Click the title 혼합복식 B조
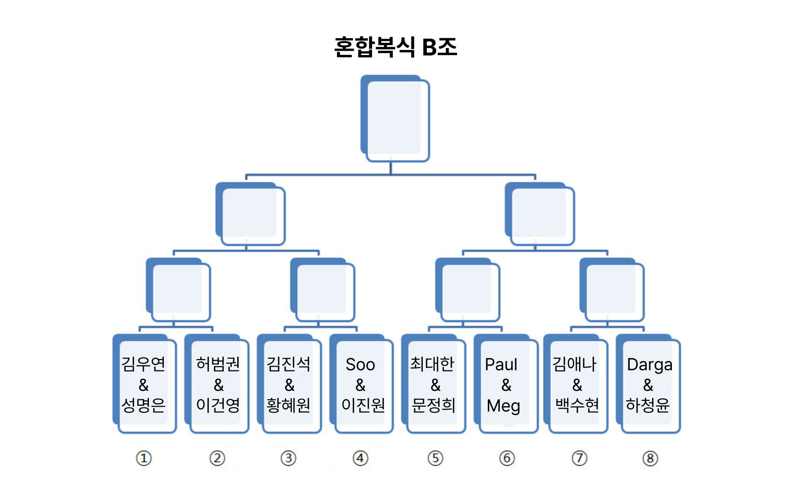[x=396, y=47]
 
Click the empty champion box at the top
[x=396, y=119]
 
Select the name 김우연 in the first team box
[x=143, y=364]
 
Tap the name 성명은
[x=143, y=405]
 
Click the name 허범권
[x=218, y=364]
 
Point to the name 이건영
[x=218, y=405]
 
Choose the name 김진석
[x=289, y=364]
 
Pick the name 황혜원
[x=289, y=405]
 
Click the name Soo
[x=360, y=365]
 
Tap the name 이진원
[x=363, y=405]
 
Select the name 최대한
[x=432, y=364]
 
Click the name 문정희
[x=433, y=405]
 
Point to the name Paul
[x=501, y=365]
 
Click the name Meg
[x=503, y=406]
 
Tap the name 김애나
[x=575, y=364]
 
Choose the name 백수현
[x=577, y=405]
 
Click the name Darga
[x=650, y=365]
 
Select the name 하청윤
[x=648, y=405]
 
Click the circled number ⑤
[x=435, y=458]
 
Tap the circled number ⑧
[x=650, y=458]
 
